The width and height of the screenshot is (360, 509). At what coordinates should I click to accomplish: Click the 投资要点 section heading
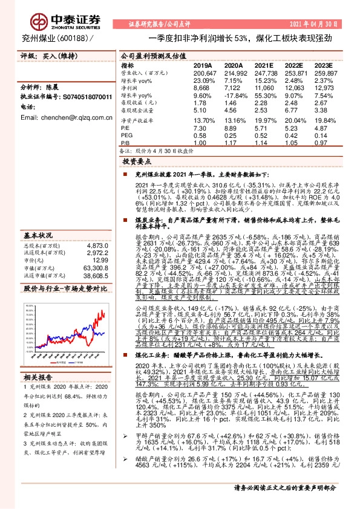pyautogui.click(x=137, y=162)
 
